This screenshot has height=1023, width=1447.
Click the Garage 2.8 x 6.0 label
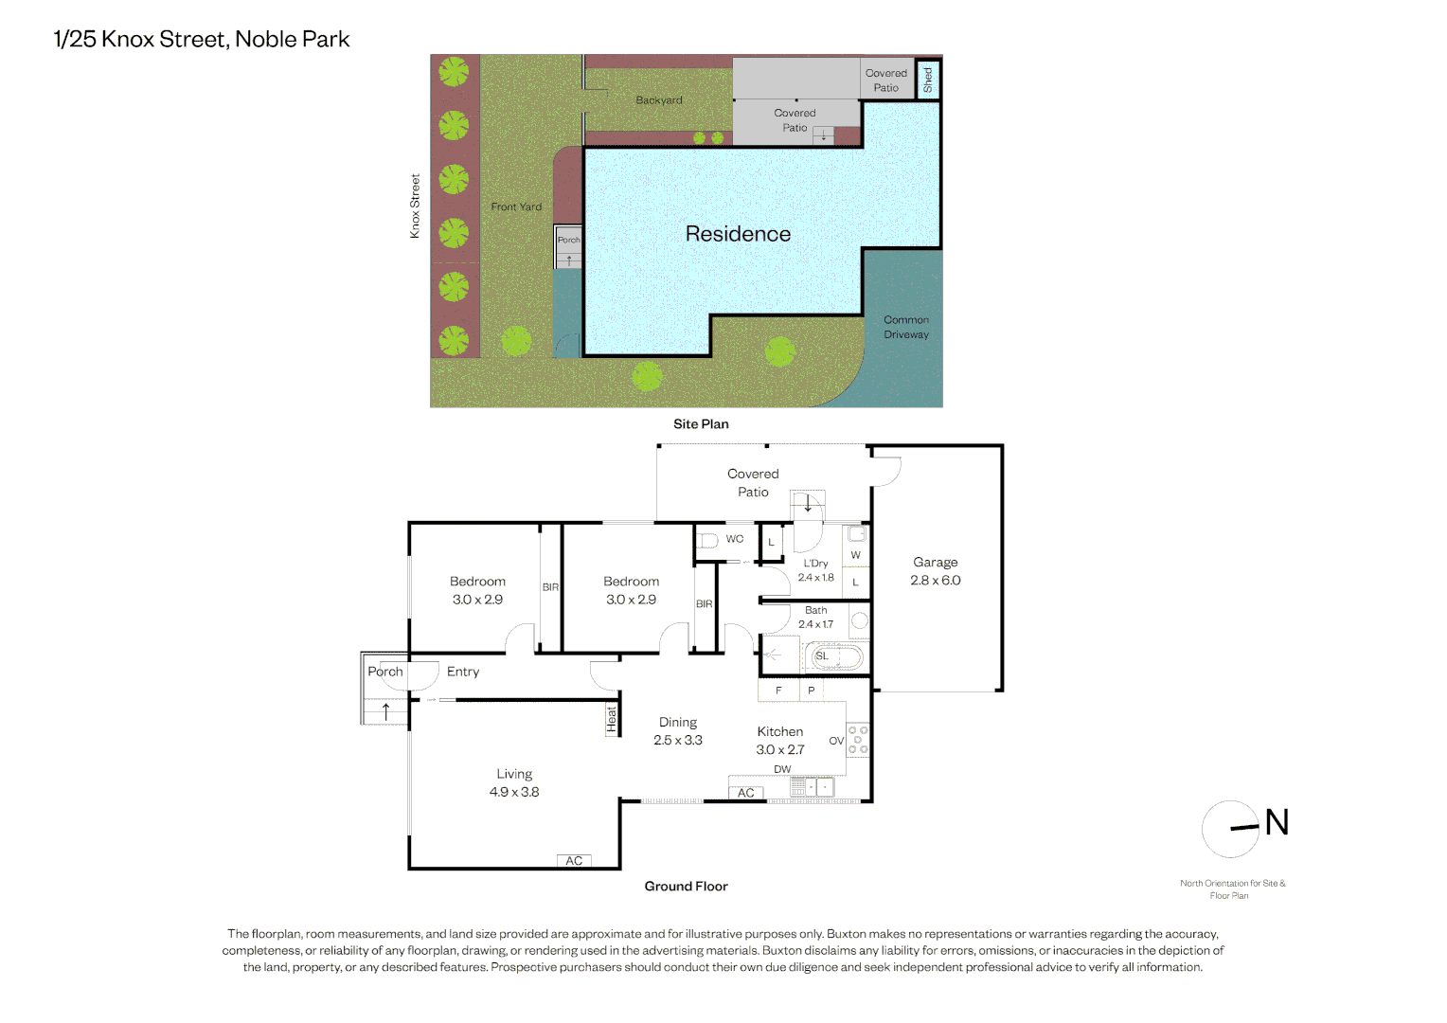point(935,571)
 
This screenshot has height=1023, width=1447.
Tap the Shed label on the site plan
point(928,81)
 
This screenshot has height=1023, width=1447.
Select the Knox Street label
point(415,206)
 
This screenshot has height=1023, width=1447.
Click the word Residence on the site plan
point(738,234)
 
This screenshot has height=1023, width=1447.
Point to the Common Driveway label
point(906,327)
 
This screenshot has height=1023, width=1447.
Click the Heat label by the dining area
point(611,719)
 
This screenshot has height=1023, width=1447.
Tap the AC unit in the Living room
point(574,861)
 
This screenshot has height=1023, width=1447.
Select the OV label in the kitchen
point(836,741)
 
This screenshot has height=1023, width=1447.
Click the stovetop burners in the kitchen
point(858,740)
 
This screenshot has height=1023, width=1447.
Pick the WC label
point(735,539)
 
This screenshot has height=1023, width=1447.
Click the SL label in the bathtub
point(822,655)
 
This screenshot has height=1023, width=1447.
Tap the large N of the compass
point(1277,823)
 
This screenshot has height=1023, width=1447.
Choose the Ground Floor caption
point(686,886)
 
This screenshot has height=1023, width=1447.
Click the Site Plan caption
point(701,424)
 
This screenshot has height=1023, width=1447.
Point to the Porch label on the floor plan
point(385,672)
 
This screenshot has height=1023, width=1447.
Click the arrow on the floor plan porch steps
point(385,711)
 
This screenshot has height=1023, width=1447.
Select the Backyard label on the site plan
point(659,100)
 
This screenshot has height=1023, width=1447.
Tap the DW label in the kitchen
point(782,769)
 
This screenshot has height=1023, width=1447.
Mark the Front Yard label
point(516,206)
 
